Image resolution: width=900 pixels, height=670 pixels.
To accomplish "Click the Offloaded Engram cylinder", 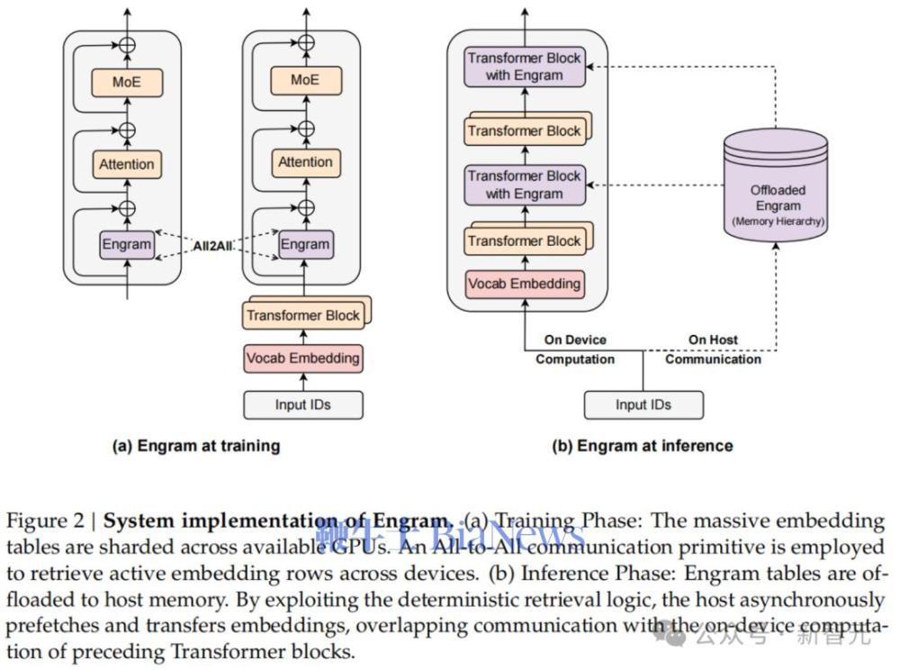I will click(778, 185).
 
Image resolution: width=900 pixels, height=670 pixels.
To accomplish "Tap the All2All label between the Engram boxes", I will click(216, 245).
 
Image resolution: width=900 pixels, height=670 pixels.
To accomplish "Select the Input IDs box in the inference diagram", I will click(643, 404).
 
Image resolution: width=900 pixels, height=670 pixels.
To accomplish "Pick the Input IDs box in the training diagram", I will click(303, 404).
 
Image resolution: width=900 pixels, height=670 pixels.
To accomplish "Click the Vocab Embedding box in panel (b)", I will click(525, 284).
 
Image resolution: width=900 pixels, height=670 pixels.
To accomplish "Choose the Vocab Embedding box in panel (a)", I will click(303, 358).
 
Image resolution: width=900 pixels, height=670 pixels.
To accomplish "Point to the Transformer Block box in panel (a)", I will click(303, 315).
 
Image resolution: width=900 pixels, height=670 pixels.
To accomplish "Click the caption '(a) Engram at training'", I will click(195, 446).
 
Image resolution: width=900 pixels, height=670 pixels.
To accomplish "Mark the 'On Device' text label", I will click(575, 340).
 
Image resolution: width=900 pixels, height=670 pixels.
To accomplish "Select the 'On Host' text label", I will click(713, 340).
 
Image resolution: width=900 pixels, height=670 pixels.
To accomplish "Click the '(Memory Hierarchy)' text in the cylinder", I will click(778, 221).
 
